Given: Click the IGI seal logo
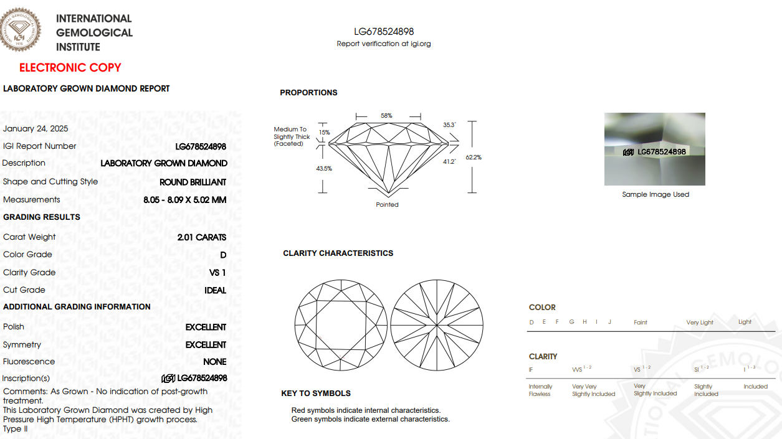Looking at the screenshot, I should coord(20,29).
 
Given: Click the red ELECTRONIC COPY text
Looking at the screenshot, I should coord(70,67).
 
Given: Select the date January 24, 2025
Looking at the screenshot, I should coord(36,128).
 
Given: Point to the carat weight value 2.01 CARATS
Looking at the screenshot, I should coord(202,237).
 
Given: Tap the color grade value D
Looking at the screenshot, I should coord(223,255).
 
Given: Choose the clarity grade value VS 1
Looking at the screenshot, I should coord(217,273).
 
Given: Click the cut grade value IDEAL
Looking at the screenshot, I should coord(215,290).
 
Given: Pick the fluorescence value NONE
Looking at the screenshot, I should coord(215,362).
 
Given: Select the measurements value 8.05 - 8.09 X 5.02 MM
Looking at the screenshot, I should coord(184,200).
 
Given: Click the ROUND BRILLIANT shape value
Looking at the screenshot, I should coord(193,182).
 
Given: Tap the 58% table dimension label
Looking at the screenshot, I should coord(386,116).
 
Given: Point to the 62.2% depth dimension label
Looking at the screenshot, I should coord(474,158).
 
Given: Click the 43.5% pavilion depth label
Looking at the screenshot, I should coord(324,169).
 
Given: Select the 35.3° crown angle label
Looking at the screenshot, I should coord(449,125).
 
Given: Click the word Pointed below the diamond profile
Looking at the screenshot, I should coord(387,205).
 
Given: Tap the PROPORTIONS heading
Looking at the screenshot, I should coord(308,93).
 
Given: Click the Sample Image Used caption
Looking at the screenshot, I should coord(656,194).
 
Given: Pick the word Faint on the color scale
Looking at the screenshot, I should coord(640,323).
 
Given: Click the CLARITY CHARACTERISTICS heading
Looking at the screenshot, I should coord(338,253).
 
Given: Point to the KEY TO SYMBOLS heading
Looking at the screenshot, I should coord(316,394).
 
